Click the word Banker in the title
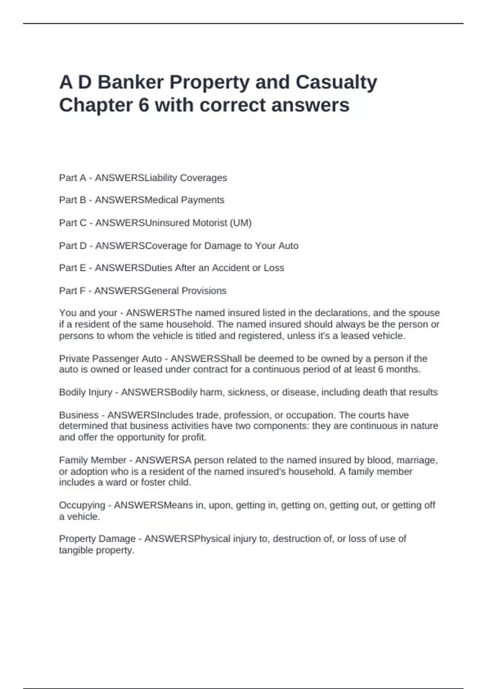click(130, 82)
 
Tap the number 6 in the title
click(144, 105)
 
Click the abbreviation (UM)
click(240, 223)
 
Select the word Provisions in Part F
click(204, 291)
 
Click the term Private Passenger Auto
click(110, 359)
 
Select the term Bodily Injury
click(86, 392)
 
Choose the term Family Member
click(93, 460)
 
